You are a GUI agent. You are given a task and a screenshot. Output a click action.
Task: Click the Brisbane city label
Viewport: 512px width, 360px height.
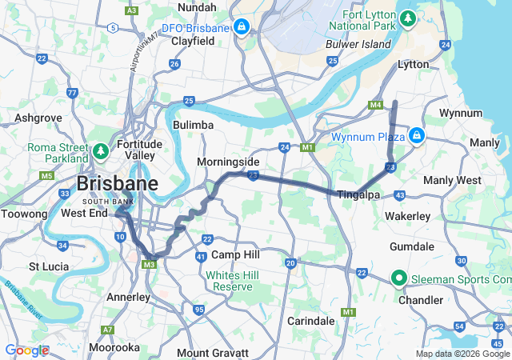point(117,183)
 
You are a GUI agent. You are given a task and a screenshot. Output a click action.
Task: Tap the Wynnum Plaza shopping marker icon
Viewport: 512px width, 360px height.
point(416,135)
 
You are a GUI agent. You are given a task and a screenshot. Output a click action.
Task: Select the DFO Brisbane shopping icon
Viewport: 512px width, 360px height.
point(240,27)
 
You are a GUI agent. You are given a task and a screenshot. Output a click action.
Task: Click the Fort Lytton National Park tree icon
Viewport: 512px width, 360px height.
point(408,17)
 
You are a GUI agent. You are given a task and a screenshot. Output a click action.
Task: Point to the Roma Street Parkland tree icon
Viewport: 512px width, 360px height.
point(100,150)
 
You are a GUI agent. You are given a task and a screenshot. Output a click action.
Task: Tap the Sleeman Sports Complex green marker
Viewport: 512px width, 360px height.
point(398,278)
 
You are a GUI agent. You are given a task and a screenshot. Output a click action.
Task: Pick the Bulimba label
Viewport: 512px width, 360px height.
point(193,125)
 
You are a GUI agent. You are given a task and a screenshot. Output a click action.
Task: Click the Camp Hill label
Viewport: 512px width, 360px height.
point(237,254)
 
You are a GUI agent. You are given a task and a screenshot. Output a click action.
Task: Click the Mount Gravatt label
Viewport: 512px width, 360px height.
point(213,352)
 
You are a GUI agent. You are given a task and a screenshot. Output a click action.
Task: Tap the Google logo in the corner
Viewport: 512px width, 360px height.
point(26,350)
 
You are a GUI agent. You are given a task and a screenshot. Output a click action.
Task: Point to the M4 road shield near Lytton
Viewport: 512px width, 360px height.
point(375,105)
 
